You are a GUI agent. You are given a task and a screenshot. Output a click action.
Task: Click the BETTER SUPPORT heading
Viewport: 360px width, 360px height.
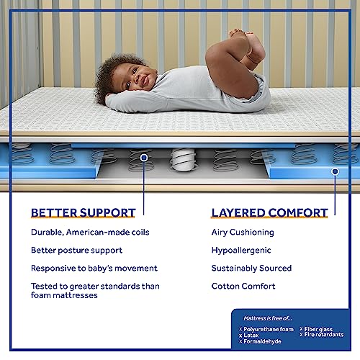pos(83,212)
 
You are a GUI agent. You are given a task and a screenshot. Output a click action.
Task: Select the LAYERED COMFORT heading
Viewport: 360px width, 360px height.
pos(269,212)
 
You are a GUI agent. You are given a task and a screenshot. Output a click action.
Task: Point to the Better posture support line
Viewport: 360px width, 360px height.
pos(76,251)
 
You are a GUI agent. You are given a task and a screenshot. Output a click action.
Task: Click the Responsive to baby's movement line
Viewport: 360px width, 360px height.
pos(94,268)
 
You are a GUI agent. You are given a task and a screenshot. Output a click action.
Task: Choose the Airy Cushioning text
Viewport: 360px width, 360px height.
pos(243,233)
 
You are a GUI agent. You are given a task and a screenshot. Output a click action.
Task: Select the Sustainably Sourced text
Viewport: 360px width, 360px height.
pos(251,268)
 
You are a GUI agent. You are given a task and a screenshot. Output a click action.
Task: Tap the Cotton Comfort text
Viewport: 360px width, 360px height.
pos(243,286)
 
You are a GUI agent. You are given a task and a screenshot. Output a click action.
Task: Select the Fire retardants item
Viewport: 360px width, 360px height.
pos(324,335)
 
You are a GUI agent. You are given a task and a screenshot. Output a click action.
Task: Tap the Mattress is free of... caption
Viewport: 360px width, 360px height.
pos(269,318)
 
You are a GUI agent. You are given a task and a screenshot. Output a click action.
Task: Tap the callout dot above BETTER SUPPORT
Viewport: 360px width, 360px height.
pos(144,157)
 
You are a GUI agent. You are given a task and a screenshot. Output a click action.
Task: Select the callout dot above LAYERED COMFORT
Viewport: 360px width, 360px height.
pos(335,171)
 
